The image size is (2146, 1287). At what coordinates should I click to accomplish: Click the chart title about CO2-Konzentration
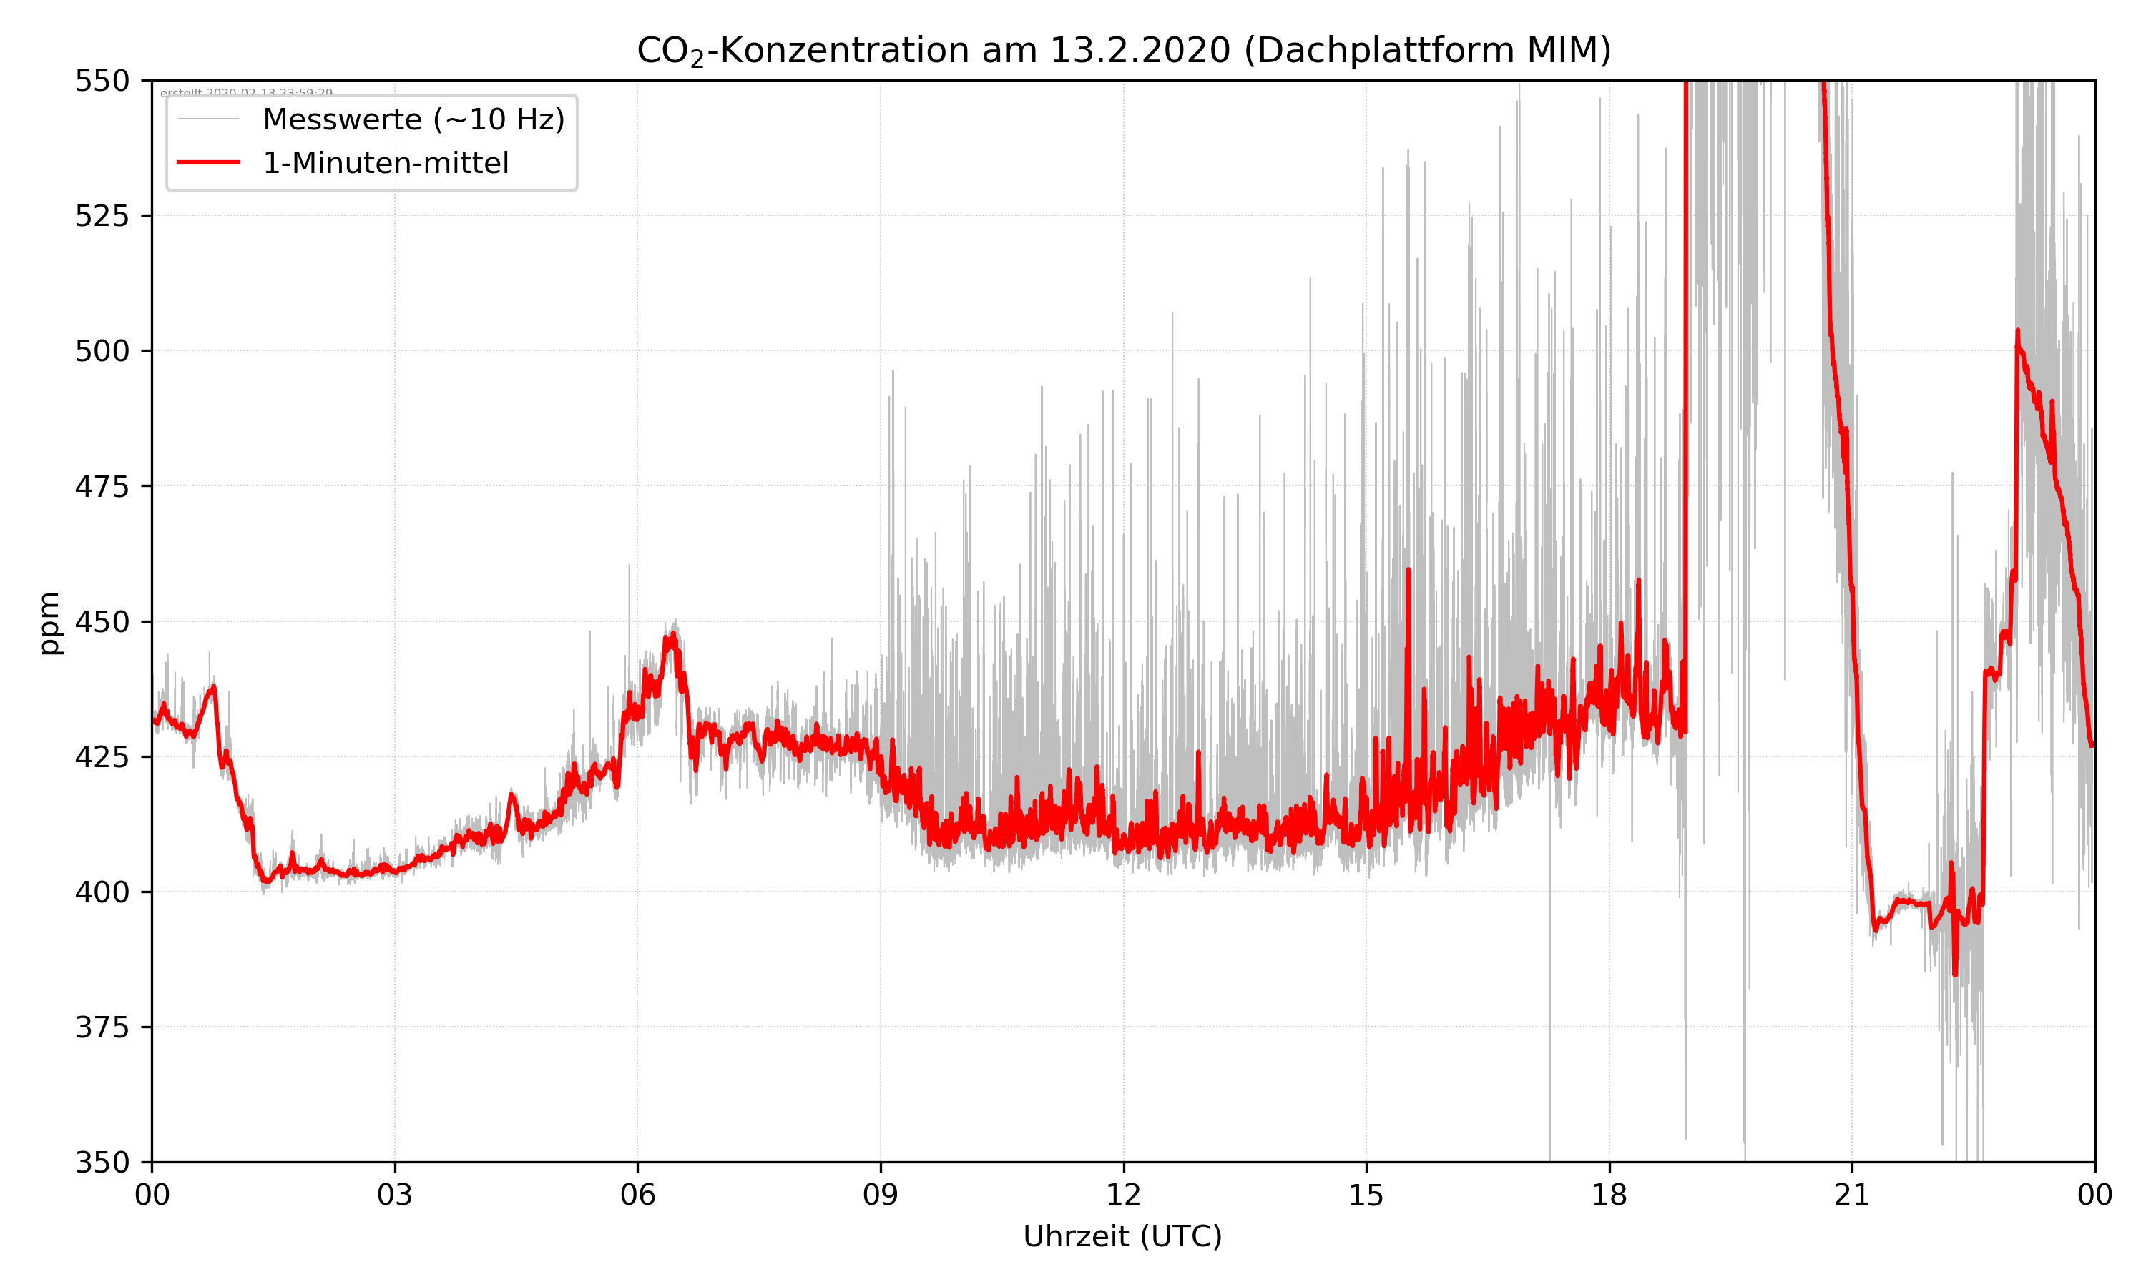coord(1123,50)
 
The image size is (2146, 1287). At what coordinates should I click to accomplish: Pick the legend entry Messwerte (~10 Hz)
coord(413,119)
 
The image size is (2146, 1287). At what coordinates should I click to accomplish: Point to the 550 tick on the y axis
coord(102,81)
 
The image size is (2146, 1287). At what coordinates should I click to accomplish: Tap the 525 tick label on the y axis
coord(102,216)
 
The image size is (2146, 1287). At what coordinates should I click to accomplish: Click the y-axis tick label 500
coord(102,351)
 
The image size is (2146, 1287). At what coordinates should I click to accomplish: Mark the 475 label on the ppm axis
coord(102,486)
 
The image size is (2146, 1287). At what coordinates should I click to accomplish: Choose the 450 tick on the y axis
coord(102,622)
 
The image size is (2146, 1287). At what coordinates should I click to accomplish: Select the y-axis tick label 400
coord(102,892)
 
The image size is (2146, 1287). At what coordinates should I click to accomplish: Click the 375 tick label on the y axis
coord(102,1027)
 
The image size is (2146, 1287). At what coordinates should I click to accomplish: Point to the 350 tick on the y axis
coord(102,1163)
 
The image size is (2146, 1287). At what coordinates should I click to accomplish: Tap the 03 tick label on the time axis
coord(395,1195)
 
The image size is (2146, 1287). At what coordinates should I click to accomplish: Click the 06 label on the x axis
coord(637,1195)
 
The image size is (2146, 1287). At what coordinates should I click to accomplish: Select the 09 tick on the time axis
coord(881,1195)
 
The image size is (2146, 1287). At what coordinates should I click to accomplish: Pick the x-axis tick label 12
coord(1123,1195)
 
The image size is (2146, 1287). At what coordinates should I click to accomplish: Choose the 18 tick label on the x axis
coord(1609,1195)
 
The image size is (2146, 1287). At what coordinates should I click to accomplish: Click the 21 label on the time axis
coord(1852,1195)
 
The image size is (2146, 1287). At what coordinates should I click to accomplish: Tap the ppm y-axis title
coord(49,623)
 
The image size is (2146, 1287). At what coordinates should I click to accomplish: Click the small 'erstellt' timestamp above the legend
coord(246,92)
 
